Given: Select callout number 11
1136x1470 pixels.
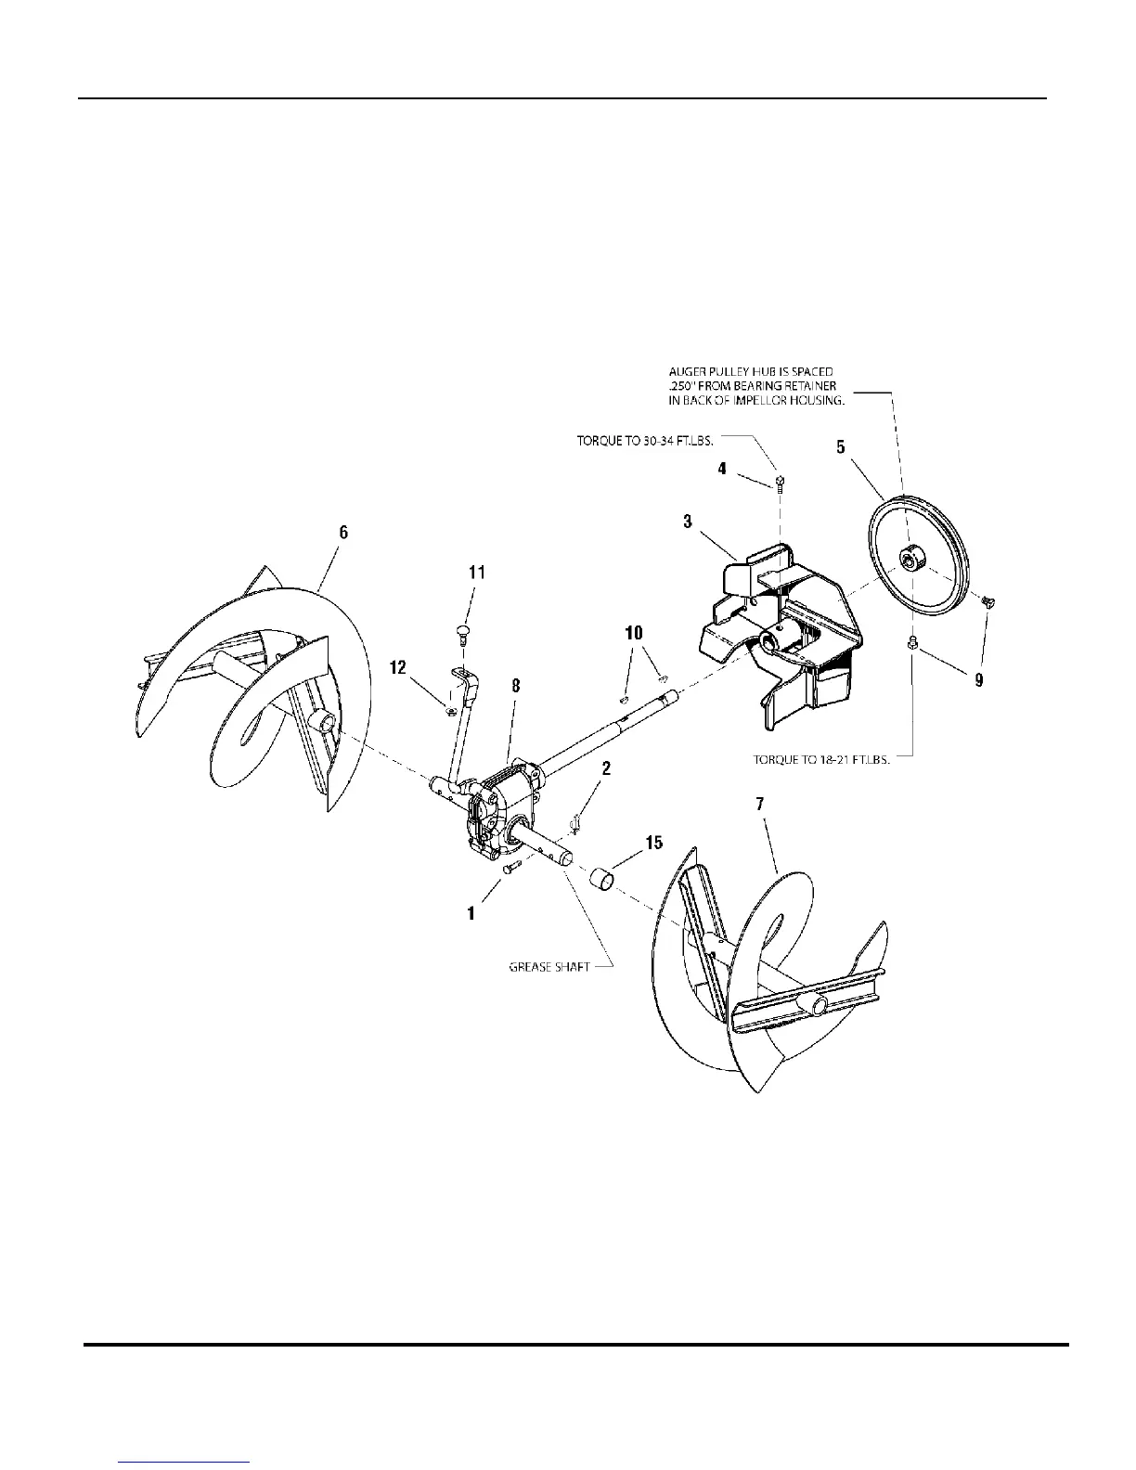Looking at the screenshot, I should coord(476,573).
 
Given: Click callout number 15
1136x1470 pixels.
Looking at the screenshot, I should coord(654,843).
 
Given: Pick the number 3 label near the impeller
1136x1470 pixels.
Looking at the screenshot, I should coord(688,522).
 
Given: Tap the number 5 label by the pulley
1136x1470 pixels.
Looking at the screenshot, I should coord(840,446).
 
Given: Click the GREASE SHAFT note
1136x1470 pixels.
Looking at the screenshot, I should coord(549,966).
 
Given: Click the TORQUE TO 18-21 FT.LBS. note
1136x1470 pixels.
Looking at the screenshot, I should coord(821,758).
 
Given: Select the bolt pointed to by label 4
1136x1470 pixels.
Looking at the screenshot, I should coord(781,482).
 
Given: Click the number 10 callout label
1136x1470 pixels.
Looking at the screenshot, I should coord(634,634).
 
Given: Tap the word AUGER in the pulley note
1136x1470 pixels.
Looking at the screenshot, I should coord(688,372).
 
